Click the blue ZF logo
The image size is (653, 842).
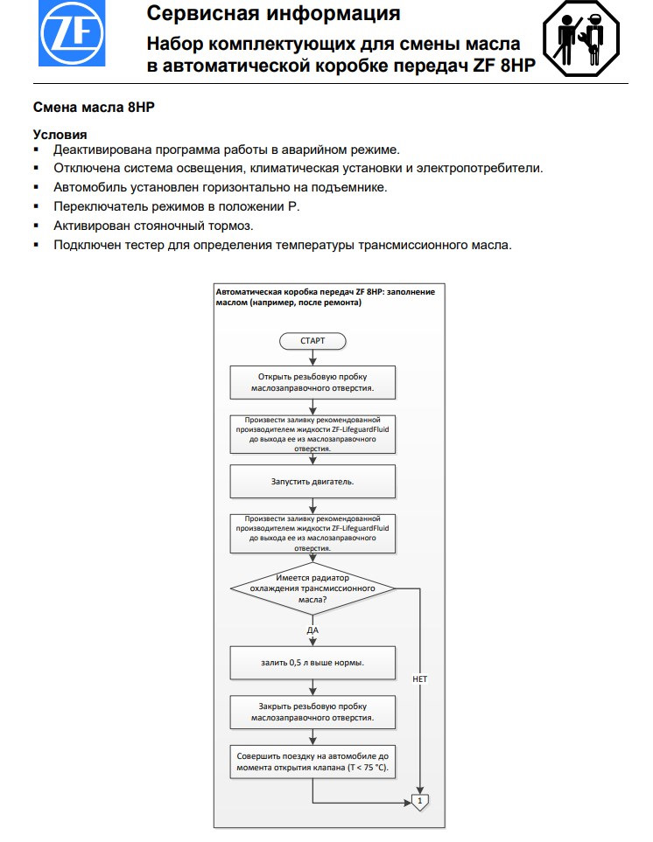tap(72, 33)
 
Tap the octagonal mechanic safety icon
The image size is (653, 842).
tap(581, 38)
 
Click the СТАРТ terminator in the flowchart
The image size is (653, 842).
tap(312, 341)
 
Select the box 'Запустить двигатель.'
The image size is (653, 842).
tap(312, 482)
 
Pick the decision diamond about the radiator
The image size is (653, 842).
tap(312, 588)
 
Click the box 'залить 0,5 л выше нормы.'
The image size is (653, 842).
tap(312, 663)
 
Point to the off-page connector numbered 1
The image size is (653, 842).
tap(420, 802)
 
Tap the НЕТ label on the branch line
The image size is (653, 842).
tap(420, 679)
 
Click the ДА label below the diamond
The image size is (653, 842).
tap(312, 630)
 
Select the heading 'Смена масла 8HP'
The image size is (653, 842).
tap(94, 108)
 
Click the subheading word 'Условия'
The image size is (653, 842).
tap(60, 135)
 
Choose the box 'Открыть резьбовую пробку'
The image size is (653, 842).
tap(312, 382)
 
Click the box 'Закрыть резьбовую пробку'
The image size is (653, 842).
tap(312, 712)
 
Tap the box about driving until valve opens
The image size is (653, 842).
tap(312, 762)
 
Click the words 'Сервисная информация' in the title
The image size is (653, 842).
tap(274, 14)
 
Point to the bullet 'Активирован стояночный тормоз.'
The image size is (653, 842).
tap(153, 226)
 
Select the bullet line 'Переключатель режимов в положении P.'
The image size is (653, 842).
tap(177, 206)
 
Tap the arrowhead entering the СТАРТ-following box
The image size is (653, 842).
tap(312, 362)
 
